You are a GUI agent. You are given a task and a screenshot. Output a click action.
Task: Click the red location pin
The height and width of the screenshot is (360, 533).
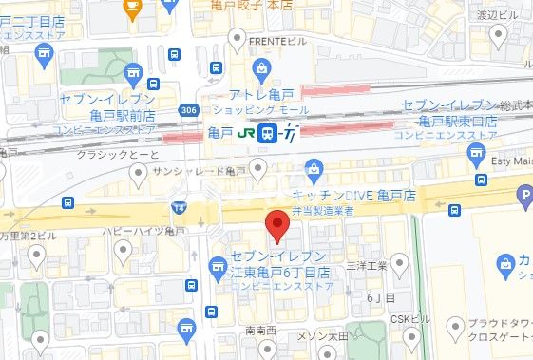pyautogui.click(x=276, y=224)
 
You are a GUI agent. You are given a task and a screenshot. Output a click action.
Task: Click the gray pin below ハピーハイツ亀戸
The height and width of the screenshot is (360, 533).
pyautogui.click(x=123, y=251)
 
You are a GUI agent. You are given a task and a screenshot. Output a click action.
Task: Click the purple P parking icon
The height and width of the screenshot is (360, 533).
pyautogui.click(x=523, y=198)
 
